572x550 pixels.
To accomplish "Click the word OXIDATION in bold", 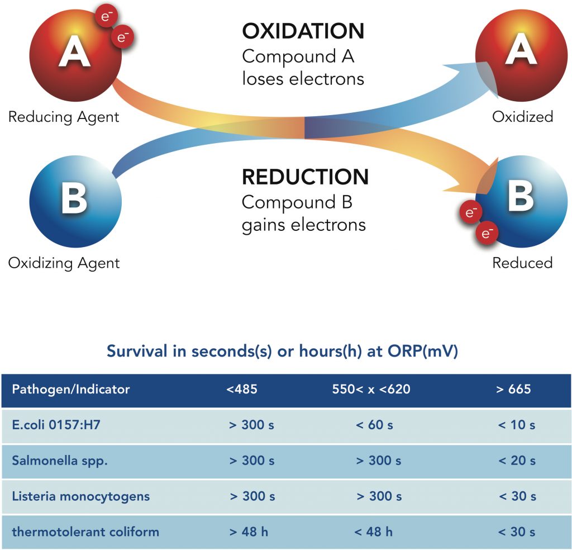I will [303, 31].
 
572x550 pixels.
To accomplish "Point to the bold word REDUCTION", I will [305, 177].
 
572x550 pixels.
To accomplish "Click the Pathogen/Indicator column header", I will [71, 390].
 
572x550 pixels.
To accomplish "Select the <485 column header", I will [242, 390].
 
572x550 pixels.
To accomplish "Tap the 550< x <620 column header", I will [371, 390].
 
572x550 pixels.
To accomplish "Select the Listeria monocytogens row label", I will [81, 496].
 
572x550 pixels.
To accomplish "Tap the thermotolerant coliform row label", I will [85, 532].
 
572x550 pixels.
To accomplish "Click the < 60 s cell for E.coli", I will [374, 425].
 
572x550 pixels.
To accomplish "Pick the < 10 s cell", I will [517, 425].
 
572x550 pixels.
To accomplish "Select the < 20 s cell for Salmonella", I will [517, 461].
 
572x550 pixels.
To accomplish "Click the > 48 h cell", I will [249, 532].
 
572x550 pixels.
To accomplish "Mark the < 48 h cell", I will [373, 532].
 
